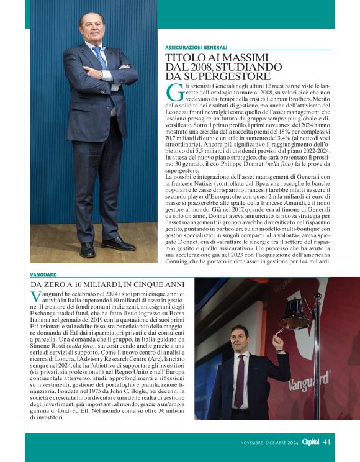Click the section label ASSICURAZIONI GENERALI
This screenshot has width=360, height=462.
pyautogui.click(x=196, y=48)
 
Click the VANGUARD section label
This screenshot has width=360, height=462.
pyautogui.click(x=43, y=274)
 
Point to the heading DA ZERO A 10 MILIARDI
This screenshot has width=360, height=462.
pyautogui.click(x=74, y=284)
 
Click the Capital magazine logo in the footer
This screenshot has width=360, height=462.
pyautogui.click(x=310, y=442)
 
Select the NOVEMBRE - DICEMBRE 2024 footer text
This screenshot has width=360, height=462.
pyautogui.click(x=270, y=442)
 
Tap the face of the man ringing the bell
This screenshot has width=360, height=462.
pyautogui.click(x=240, y=338)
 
